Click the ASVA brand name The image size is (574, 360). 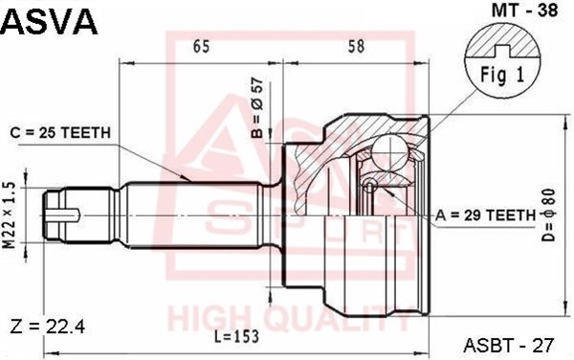click(50, 21)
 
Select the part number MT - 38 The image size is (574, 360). click(524, 11)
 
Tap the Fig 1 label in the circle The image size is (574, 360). click(502, 75)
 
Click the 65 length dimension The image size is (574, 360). click(201, 46)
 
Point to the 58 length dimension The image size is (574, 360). click(356, 46)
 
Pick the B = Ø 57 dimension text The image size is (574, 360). click(257, 108)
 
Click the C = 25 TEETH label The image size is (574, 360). click(60, 132)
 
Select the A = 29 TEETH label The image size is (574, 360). click(485, 215)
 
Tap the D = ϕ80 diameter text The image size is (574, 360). click(548, 215)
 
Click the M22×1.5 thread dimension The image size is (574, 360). click(10, 215)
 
